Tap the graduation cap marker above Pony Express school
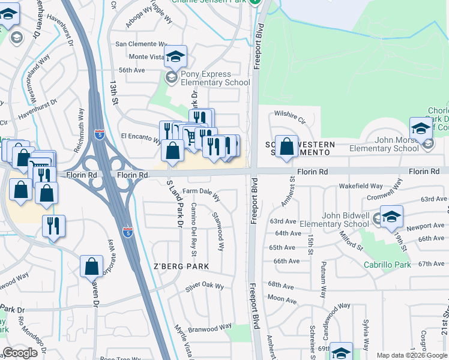click(x=175, y=58)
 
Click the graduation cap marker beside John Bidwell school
click(x=391, y=217)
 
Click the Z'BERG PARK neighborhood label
click(x=181, y=266)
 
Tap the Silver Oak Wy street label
click(x=204, y=286)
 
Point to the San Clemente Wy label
click(x=141, y=44)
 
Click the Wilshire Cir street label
click(x=290, y=113)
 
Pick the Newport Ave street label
click(x=425, y=226)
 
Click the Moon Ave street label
click(x=282, y=298)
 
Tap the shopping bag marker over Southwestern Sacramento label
click(x=287, y=146)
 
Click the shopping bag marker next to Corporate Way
click(x=91, y=265)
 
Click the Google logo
click(x=21, y=353)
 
